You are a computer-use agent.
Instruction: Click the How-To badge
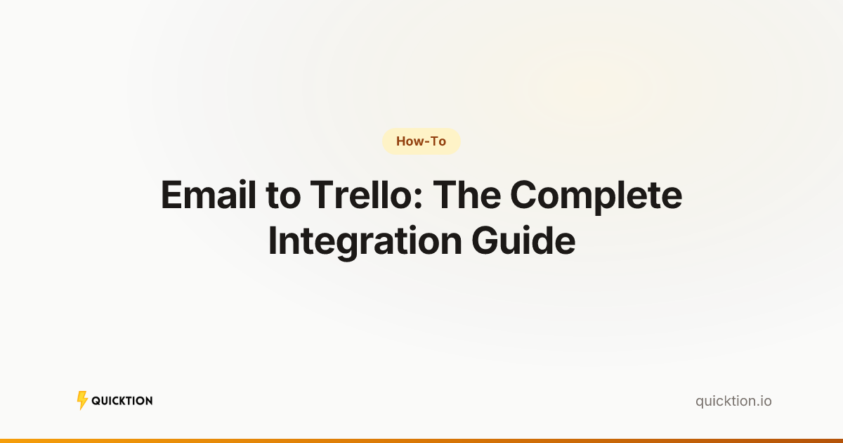(421, 141)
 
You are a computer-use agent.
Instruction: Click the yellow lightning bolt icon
(82, 401)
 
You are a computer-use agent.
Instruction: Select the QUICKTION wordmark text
(122, 401)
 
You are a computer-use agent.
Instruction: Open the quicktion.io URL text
(733, 401)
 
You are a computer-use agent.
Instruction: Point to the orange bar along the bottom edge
(421, 440)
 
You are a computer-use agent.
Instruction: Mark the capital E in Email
(172, 195)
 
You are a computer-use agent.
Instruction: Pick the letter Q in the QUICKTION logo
(96, 401)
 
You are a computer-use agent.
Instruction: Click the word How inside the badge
(408, 141)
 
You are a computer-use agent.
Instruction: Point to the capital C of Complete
(525, 195)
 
